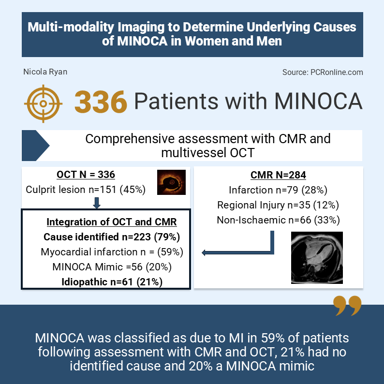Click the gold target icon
pyautogui.click(x=43, y=102)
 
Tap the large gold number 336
pyautogui.click(x=101, y=102)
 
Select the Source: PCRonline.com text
pyautogui.click(x=323, y=72)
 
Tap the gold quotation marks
pyautogui.click(x=347, y=306)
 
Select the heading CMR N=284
pyautogui.click(x=278, y=175)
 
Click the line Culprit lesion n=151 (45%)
pyautogui.click(x=86, y=189)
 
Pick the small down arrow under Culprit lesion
pyautogui.click(x=96, y=203)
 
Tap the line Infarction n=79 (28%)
pyautogui.click(x=279, y=190)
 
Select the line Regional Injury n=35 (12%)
pyautogui.click(x=278, y=205)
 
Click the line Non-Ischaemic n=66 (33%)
pyautogui.click(x=278, y=220)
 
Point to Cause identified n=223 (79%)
pyautogui.click(x=112, y=237)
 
